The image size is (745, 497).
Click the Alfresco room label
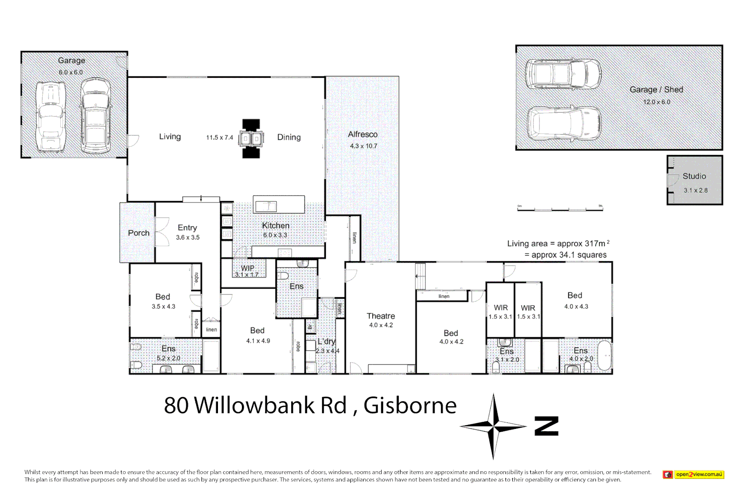(x=362, y=134)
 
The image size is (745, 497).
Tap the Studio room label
(x=694, y=176)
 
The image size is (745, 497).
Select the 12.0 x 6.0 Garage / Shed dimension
(x=656, y=102)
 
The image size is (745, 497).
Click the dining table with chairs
(x=251, y=139)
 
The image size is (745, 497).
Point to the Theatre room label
(x=381, y=316)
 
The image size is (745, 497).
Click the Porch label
(x=138, y=233)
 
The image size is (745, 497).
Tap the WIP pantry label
(x=247, y=268)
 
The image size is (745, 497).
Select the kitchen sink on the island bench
(x=266, y=206)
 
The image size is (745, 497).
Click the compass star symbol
(x=493, y=427)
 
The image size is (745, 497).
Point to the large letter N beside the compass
(x=546, y=426)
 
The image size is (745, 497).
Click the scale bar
(x=560, y=209)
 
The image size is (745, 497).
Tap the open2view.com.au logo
(x=693, y=474)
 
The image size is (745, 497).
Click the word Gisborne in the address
(x=410, y=405)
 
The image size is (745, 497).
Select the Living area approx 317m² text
(x=558, y=243)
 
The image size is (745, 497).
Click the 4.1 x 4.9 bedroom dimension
(x=258, y=341)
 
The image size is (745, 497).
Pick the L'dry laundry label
(x=326, y=341)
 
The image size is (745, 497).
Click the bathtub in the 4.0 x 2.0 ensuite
(x=604, y=356)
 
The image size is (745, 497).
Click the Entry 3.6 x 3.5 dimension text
(x=188, y=237)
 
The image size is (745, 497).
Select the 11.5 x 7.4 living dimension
(x=219, y=138)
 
